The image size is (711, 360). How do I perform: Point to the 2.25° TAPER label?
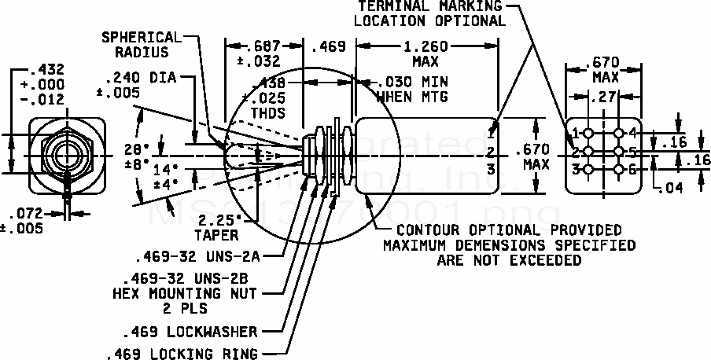(217, 227)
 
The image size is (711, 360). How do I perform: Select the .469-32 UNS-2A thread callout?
(197, 256)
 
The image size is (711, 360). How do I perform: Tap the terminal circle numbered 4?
(619, 133)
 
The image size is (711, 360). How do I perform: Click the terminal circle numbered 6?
(619, 169)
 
